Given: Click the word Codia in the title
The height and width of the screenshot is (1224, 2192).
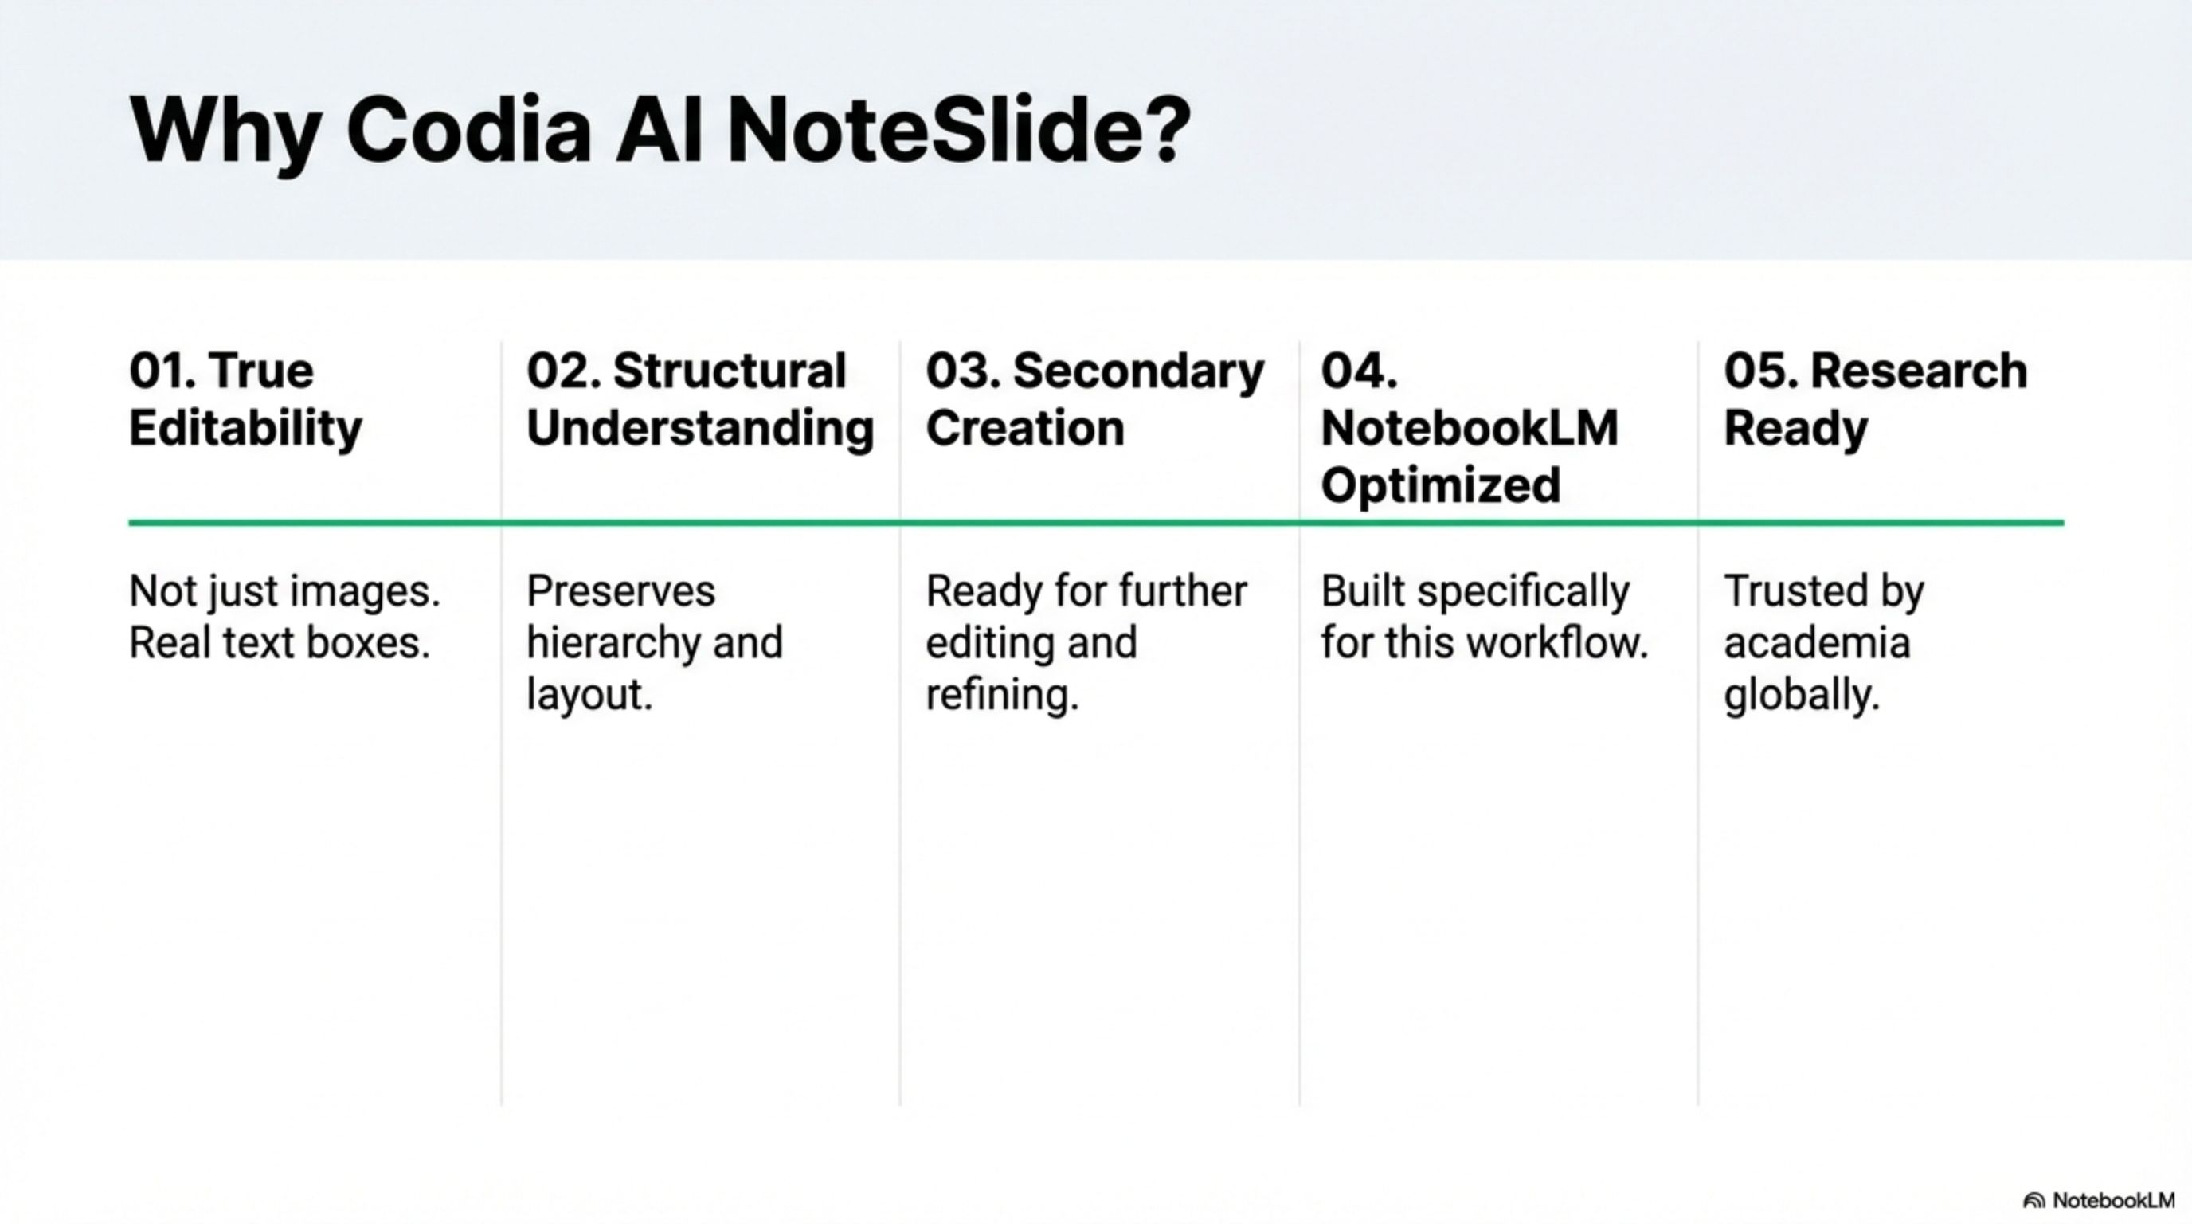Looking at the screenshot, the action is coord(468,130).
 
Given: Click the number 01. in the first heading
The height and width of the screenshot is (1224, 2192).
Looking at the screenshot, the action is coord(161,371).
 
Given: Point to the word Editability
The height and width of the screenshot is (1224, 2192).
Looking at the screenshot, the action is coord(245,429).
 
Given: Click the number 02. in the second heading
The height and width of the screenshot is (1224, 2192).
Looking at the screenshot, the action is coord(562,371).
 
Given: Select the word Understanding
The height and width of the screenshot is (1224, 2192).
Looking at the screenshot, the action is coord(700,429).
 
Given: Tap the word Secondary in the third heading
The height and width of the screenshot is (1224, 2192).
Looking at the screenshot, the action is coord(1138,373).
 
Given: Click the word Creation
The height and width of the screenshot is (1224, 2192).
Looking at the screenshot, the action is coord(1024,427).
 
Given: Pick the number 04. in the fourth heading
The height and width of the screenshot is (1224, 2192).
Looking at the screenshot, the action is coord(1358,371).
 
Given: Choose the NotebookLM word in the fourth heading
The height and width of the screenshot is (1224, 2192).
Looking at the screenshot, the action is coord(1469,427).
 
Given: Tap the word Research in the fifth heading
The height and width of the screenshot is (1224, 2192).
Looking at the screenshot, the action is coord(1918,371).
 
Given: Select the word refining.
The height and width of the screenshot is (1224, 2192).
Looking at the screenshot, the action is coord(1001,695).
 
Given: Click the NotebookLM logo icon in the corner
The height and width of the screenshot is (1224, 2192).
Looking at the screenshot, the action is coord(2033,1201).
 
